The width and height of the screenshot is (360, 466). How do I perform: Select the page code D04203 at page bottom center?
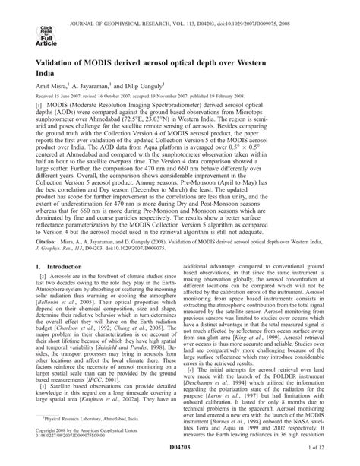tap(179, 453)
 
